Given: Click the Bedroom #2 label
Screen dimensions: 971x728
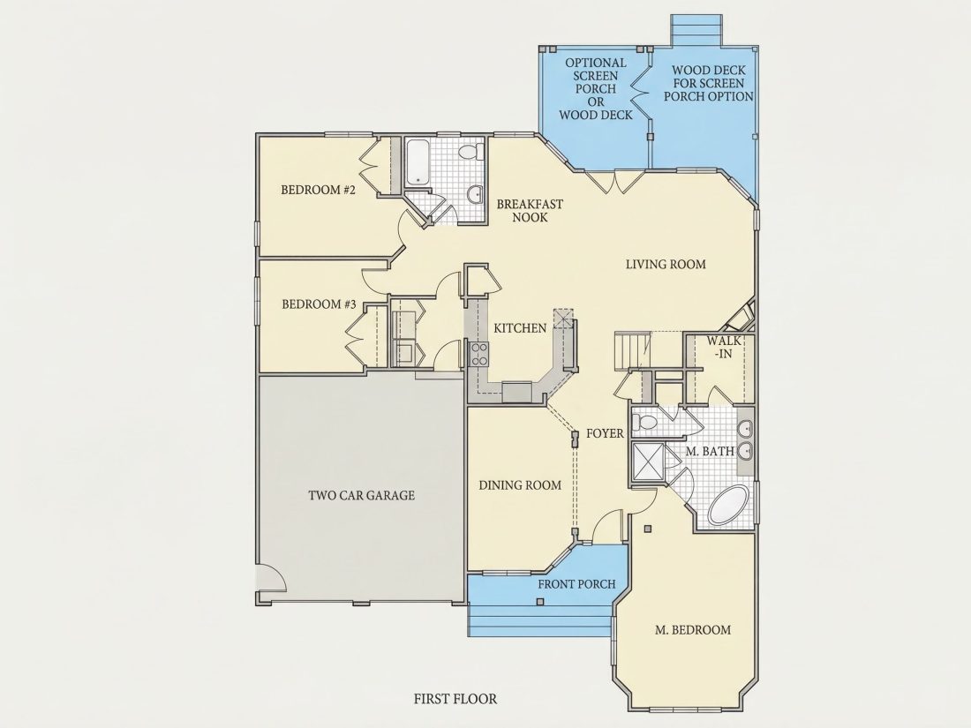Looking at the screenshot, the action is pos(319,190).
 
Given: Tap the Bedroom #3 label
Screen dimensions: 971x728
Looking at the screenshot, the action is pos(319,304).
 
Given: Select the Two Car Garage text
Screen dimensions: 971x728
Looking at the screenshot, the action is pos(362,495).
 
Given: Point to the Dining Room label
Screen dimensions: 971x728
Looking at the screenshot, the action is pos(520,485).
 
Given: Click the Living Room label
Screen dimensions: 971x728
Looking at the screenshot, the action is pos(666,265).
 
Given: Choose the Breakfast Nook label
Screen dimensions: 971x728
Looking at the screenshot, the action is pos(531,211).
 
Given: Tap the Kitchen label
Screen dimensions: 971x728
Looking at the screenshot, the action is pos(520,328).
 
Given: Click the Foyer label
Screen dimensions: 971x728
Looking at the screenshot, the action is pos(605,433).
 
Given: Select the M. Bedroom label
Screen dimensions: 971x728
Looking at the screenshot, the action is pos(693,630).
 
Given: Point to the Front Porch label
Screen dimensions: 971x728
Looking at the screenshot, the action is pos(576,584).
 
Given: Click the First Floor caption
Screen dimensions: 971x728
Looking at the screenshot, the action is pos(455,699).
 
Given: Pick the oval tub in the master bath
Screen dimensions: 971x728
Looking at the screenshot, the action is pos(729,506).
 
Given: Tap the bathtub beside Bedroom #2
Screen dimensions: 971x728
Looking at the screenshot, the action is pos(418,161).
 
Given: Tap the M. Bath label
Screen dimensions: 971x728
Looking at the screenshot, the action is pos(710,451).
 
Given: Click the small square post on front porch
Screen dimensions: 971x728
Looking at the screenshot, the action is pos(540,602).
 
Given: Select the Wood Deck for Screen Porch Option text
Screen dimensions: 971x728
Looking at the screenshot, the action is pos(709,84).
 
